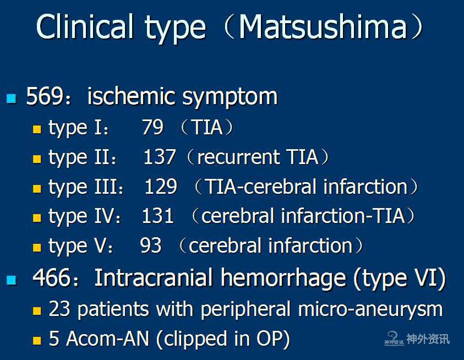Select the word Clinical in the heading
click(x=85, y=26)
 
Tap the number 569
click(x=45, y=96)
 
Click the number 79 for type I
click(x=152, y=127)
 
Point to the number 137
click(x=160, y=156)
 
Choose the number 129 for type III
click(x=161, y=186)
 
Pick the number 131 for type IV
click(x=158, y=216)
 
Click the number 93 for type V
click(x=151, y=245)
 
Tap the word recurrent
click(x=238, y=157)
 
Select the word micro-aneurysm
click(x=370, y=310)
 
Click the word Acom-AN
click(x=107, y=339)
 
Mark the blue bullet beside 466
click(x=11, y=280)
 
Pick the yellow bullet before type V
click(x=37, y=247)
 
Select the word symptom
click(x=230, y=97)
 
